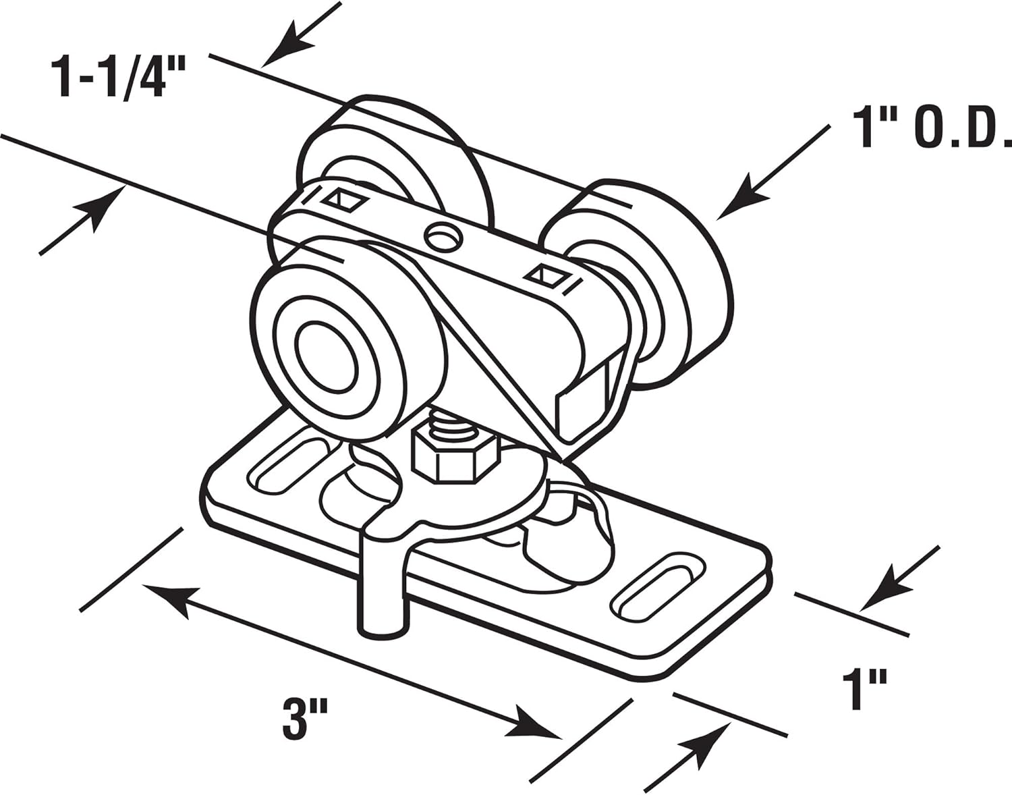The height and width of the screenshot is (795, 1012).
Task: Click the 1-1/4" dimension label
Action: [x=111, y=78]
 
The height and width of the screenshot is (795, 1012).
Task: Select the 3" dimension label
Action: [x=296, y=721]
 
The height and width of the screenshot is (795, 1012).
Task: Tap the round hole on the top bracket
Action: [x=443, y=236]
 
